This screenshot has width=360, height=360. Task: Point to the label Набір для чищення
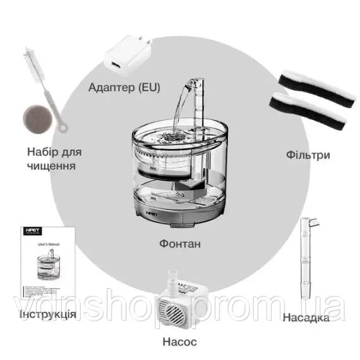tap(54, 159)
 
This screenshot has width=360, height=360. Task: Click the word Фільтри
tap(308, 153)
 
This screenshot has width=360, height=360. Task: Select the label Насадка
tap(306, 316)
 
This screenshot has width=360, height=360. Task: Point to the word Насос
tap(179, 342)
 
